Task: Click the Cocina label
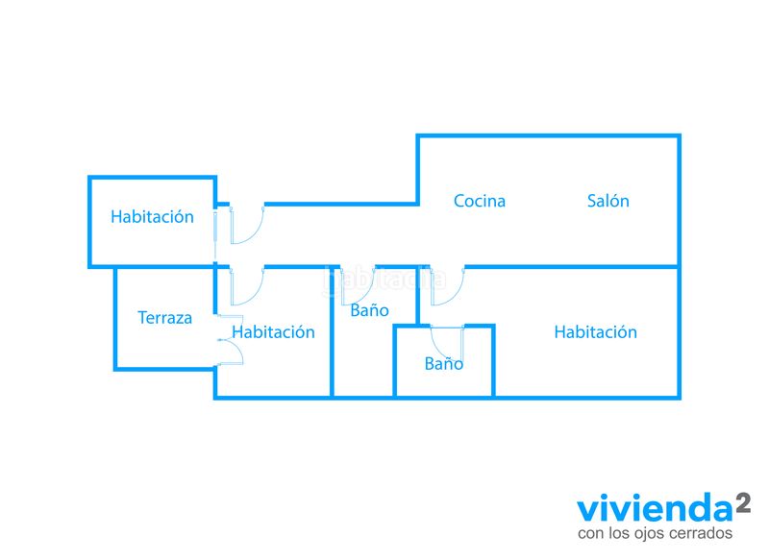[x=479, y=201]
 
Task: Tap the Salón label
[x=608, y=201]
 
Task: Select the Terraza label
[x=164, y=318]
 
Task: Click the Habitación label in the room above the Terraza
[x=152, y=216]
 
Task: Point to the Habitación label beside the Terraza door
[x=273, y=332]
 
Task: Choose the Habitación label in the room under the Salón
[x=595, y=332]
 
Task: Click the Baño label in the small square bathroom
[x=444, y=363]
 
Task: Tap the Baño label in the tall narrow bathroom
[x=369, y=310]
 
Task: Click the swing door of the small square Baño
[x=447, y=343]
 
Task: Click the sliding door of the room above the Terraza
[x=214, y=234]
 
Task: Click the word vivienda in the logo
[x=655, y=509]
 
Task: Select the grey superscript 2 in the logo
[x=742, y=503]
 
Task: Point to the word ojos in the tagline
[x=649, y=534]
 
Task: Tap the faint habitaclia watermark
[x=385, y=280]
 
